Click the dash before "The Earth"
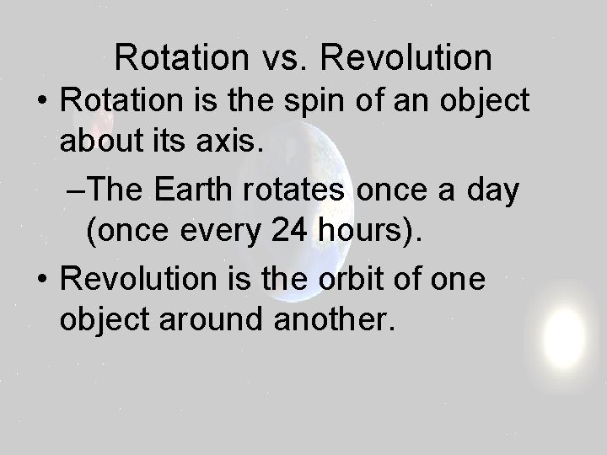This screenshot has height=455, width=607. [x=77, y=192]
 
